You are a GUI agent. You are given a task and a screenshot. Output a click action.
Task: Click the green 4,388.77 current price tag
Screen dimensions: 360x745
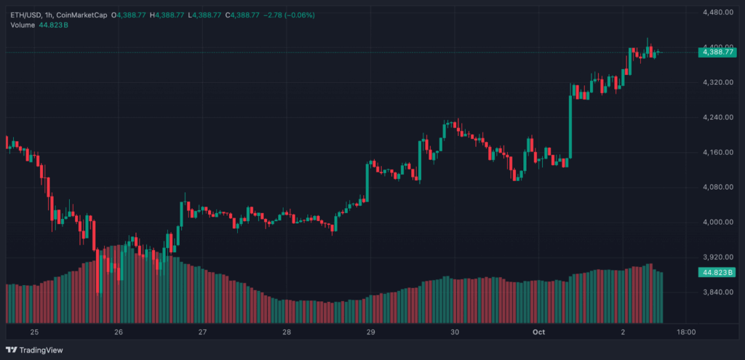717,52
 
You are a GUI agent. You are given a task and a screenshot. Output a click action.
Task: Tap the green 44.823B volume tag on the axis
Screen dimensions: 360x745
717,273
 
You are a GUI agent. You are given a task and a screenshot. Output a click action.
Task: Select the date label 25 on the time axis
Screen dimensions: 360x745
34,332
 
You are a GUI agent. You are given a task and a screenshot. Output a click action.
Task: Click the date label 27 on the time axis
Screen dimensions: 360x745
203,332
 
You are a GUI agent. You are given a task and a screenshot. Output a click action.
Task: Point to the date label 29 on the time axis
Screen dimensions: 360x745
371,332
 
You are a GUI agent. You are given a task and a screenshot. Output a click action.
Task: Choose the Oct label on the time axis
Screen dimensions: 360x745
538,332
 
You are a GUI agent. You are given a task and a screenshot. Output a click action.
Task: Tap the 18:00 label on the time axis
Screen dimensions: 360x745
686,332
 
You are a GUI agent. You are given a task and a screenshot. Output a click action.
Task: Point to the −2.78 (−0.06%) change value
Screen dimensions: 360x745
290,15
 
